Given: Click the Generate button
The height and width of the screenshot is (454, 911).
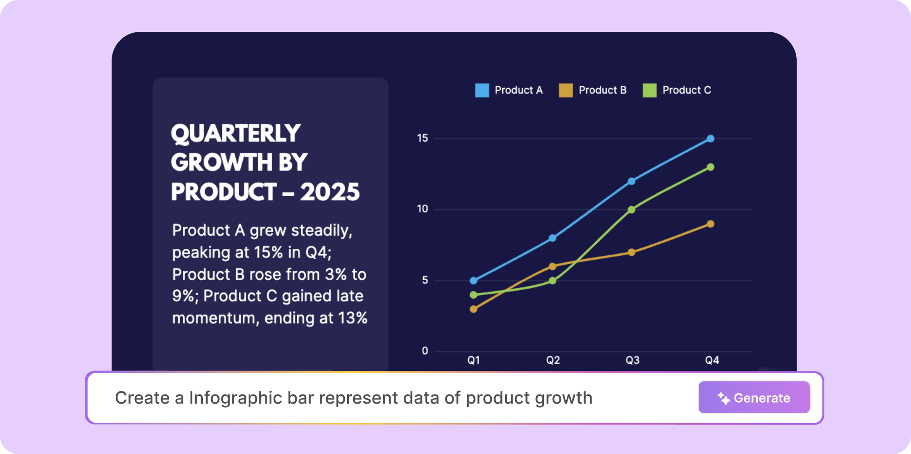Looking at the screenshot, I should click(x=754, y=398).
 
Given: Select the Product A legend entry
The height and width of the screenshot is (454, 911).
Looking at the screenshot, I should click(x=509, y=90).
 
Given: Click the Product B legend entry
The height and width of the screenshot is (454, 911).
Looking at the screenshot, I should click(x=593, y=90).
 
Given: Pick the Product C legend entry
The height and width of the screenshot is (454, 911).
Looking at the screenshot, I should click(x=676, y=90).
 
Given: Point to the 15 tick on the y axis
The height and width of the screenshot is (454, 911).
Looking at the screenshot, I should click(x=422, y=138).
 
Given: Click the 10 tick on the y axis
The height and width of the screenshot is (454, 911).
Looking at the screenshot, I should click(x=422, y=209).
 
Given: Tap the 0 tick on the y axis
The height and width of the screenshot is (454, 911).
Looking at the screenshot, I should click(x=425, y=351).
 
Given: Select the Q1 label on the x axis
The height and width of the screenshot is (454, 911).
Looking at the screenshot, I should click(x=474, y=360).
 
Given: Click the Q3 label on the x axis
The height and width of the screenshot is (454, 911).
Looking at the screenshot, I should click(x=632, y=360).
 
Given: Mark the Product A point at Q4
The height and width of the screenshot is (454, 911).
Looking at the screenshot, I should click(x=710, y=138).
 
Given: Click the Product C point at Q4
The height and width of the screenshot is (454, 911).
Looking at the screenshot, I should click(x=710, y=167).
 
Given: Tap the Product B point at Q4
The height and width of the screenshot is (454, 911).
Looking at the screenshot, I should click(x=710, y=224).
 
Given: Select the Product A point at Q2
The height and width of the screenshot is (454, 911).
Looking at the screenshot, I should click(x=553, y=238).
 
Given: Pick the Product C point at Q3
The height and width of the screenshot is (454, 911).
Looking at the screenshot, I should click(x=632, y=210).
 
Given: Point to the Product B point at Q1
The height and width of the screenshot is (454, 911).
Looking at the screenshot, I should click(x=474, y=309).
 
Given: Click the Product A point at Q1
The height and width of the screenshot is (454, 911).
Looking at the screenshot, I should click(x=474, y=281).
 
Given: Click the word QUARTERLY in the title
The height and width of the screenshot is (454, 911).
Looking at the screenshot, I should click(x=235, y=134).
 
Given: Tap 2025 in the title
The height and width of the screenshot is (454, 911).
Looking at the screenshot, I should click(x=330, y=192).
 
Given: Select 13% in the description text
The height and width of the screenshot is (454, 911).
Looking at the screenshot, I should click(x=353, y=318).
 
